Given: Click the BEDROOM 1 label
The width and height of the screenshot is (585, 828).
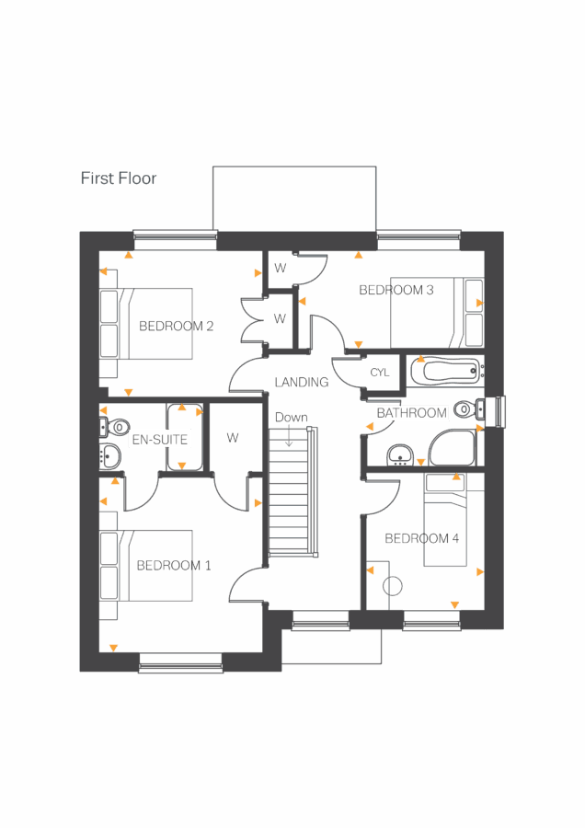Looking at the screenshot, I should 174,565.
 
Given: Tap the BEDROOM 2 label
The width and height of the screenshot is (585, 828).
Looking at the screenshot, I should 177,326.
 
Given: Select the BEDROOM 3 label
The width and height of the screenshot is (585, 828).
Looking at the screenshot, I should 396,290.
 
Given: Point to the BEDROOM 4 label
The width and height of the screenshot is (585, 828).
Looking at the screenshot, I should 422,538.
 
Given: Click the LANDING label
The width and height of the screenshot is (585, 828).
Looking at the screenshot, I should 302,382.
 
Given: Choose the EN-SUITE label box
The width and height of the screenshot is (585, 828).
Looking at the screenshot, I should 160,440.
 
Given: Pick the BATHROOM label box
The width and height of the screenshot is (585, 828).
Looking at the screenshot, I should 412,413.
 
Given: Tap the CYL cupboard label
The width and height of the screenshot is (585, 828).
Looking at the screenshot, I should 380,373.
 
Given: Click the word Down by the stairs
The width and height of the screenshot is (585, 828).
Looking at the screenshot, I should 292,418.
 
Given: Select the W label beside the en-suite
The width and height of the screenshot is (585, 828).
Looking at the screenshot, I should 233,438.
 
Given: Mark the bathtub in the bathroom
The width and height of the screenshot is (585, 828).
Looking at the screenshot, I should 445,372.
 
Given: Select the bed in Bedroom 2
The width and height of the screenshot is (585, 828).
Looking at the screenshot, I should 160,324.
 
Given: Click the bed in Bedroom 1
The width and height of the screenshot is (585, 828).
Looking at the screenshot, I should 158,565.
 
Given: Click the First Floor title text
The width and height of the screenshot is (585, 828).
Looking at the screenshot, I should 118,178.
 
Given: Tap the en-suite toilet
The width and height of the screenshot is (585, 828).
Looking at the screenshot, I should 114,428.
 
